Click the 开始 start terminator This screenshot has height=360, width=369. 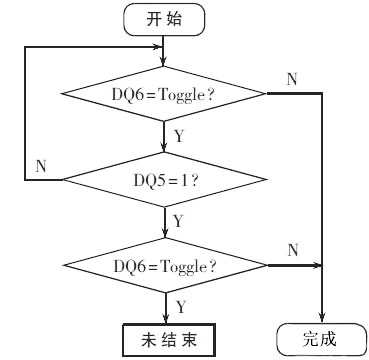click(164, 17)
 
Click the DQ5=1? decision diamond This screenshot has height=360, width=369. click(164, 180)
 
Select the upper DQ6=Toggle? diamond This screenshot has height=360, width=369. click(164, 94)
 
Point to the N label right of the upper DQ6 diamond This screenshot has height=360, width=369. click(290, 79)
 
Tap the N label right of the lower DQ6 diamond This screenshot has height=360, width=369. click(293, 249)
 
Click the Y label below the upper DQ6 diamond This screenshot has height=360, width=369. click(178, 131)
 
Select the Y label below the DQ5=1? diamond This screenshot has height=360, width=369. click(178, 219)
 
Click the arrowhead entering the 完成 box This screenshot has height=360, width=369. click(322, 319)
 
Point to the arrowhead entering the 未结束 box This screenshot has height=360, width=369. click(164, 319)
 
